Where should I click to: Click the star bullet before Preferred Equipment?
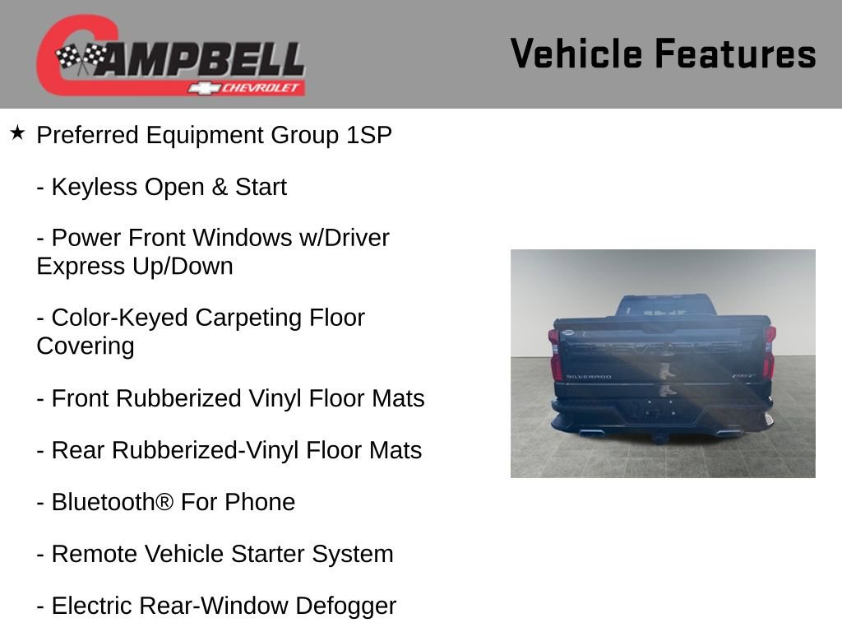coord(17,132)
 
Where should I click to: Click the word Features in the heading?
coord(735,53)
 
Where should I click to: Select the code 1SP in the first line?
coord(368,135)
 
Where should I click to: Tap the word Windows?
coord(231,239)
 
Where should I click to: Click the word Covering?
coord(86,346)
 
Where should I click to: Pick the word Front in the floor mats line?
coord(81,398)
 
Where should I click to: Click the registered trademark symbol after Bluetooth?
coord(164,502)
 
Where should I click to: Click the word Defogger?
coord(345,606)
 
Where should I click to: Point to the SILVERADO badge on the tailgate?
coord(588,377)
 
